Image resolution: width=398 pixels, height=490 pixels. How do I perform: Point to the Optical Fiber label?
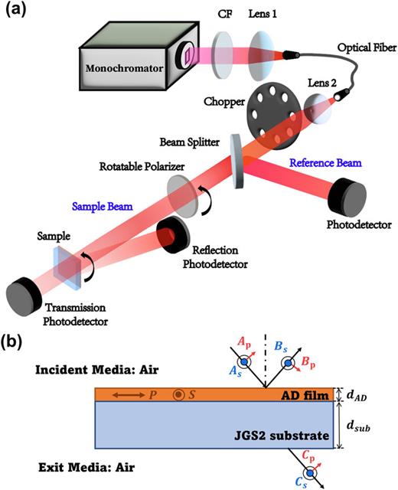pyautogui.click(x=359, y=48)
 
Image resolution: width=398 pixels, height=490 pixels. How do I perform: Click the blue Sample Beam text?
pyautogui.click(x=102, y=207)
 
